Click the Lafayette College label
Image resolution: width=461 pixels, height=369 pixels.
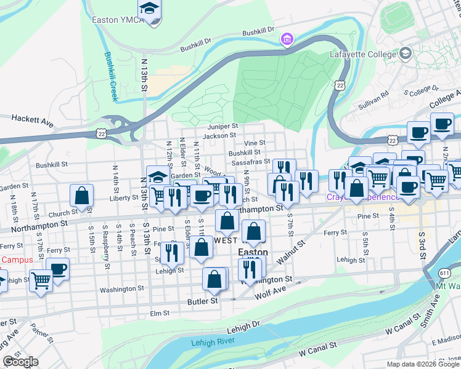coord(365,54)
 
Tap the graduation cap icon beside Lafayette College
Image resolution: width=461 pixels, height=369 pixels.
coord(405,54)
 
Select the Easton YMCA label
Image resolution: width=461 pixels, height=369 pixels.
coord(118,20)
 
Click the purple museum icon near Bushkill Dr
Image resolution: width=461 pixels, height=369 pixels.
coord(286,41)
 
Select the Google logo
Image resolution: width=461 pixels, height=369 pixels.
coord(20,362)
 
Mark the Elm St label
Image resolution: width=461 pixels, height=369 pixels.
coord(159,313)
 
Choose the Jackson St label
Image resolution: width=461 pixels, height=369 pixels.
coord(219,135)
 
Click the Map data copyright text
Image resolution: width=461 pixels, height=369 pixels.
coord(423,363)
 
